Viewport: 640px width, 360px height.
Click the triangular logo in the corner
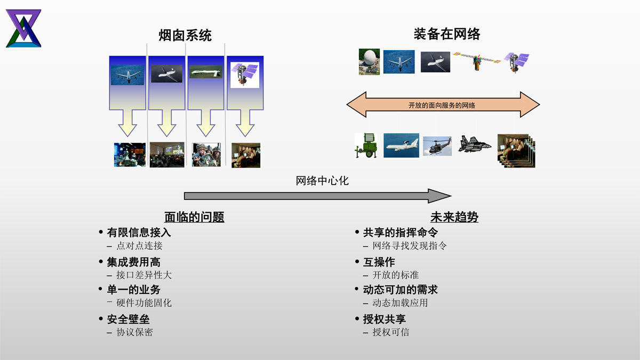point(23,28)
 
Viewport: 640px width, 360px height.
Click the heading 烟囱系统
point(185,36)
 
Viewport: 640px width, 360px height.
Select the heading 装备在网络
point(446,34)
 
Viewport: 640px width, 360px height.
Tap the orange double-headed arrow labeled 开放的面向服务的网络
point(443,105)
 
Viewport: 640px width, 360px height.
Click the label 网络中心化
point(322,181)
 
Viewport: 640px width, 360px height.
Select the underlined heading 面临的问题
point(194,217)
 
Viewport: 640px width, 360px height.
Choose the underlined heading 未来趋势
point(454,217)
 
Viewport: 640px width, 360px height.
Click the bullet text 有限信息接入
point(139,233)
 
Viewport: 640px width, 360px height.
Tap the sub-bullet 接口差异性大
point(144,275)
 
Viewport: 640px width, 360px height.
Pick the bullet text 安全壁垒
point(128,319)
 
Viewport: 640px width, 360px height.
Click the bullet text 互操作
point(379,262)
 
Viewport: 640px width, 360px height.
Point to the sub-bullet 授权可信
point(391,332)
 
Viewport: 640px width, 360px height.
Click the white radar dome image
point(369,62)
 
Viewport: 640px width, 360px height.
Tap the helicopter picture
point(437,146)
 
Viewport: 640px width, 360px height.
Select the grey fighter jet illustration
point(474,144)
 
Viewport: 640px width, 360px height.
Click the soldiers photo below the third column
point(206,154)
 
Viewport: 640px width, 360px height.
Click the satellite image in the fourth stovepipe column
point(244,75)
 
